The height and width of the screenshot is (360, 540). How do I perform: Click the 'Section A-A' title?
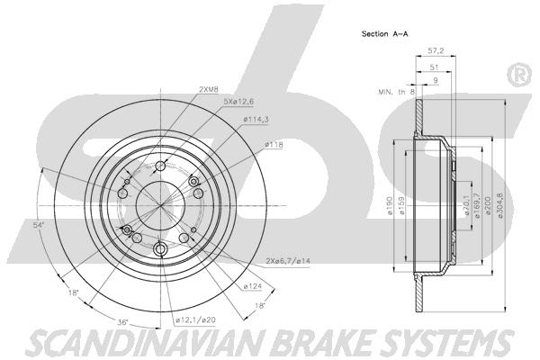(384, 34)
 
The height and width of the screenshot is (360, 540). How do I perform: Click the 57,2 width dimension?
(436, 50)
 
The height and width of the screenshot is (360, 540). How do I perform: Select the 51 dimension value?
(434, 67)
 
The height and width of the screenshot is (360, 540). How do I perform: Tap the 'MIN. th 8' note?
(397, 92)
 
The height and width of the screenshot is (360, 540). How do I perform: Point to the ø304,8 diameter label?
(500, 205)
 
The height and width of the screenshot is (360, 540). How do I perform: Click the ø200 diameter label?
(488, 206)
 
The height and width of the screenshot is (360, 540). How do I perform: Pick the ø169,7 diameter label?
(477, 206)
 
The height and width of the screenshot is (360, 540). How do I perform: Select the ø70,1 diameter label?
(467, 205)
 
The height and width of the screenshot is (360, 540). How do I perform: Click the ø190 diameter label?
(390, 206)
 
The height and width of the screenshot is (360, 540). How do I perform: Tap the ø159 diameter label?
(401, 206)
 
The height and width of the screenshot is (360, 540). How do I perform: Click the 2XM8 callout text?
(209, 89)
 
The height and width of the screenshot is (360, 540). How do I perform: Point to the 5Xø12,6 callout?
(238, 102)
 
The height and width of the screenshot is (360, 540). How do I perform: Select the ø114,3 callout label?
(256, 120)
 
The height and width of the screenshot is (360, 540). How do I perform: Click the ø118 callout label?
(274, 145)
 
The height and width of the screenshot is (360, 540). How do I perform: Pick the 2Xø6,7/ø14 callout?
(288, 261)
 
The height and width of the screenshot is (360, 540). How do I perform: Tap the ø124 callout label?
(252, 286)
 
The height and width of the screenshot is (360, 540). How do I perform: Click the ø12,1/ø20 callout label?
(195, 320)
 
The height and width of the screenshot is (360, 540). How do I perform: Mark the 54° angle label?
(39, 225)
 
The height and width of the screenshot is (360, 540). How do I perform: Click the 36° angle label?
(123, 323)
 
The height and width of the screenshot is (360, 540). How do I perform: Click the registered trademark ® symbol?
(520, 75)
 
